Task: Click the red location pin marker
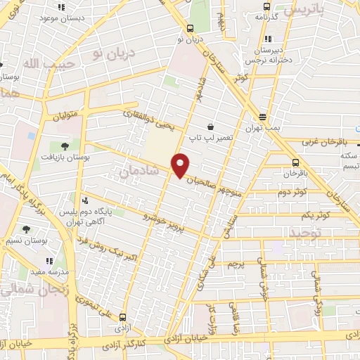[x=181, y=165]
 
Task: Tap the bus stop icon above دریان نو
[x=191, y=29]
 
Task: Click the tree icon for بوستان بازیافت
[x=65, y=146]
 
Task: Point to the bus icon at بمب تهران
[x=263, y=117]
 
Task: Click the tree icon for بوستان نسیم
[x=26, y=229]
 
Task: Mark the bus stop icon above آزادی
[x=124, y=318]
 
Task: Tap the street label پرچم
[x=236, y=265]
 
